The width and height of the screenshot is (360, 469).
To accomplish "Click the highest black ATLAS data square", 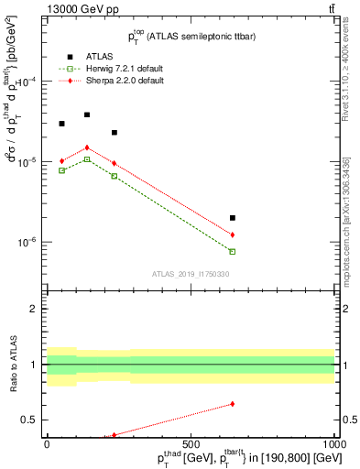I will point(87,115).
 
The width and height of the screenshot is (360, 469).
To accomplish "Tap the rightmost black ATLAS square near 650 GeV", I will point(233,218).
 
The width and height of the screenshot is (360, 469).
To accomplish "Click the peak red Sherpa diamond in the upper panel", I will point(87,147).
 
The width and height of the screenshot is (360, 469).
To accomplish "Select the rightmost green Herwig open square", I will point(233,251).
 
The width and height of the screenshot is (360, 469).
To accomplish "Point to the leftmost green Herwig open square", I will point(61,170).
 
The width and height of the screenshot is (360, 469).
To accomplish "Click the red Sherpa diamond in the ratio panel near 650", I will point(233,404).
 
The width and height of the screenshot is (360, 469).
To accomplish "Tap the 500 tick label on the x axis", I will point(191,443).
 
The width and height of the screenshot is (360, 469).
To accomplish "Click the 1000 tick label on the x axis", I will point(334,443).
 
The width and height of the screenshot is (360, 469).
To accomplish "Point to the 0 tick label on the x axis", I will point(47,443).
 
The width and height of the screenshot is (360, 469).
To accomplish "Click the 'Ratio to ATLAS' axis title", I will point(12,364).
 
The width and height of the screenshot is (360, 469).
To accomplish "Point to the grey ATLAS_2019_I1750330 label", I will point(191,273).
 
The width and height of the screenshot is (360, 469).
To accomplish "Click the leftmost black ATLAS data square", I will point(61,124).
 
